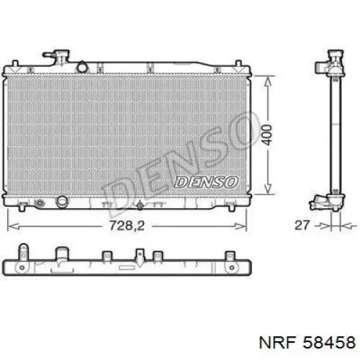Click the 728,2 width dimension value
tap(127, 225)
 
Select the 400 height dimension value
tap(267, 135)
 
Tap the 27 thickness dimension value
tap(302, 225)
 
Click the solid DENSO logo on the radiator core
tap(206, 182)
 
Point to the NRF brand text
tap(277, 342)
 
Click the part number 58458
tap(329, 342)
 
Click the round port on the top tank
tap(82, 67)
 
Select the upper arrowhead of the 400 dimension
tap(268, 81)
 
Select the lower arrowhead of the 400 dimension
tap(268, 189)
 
